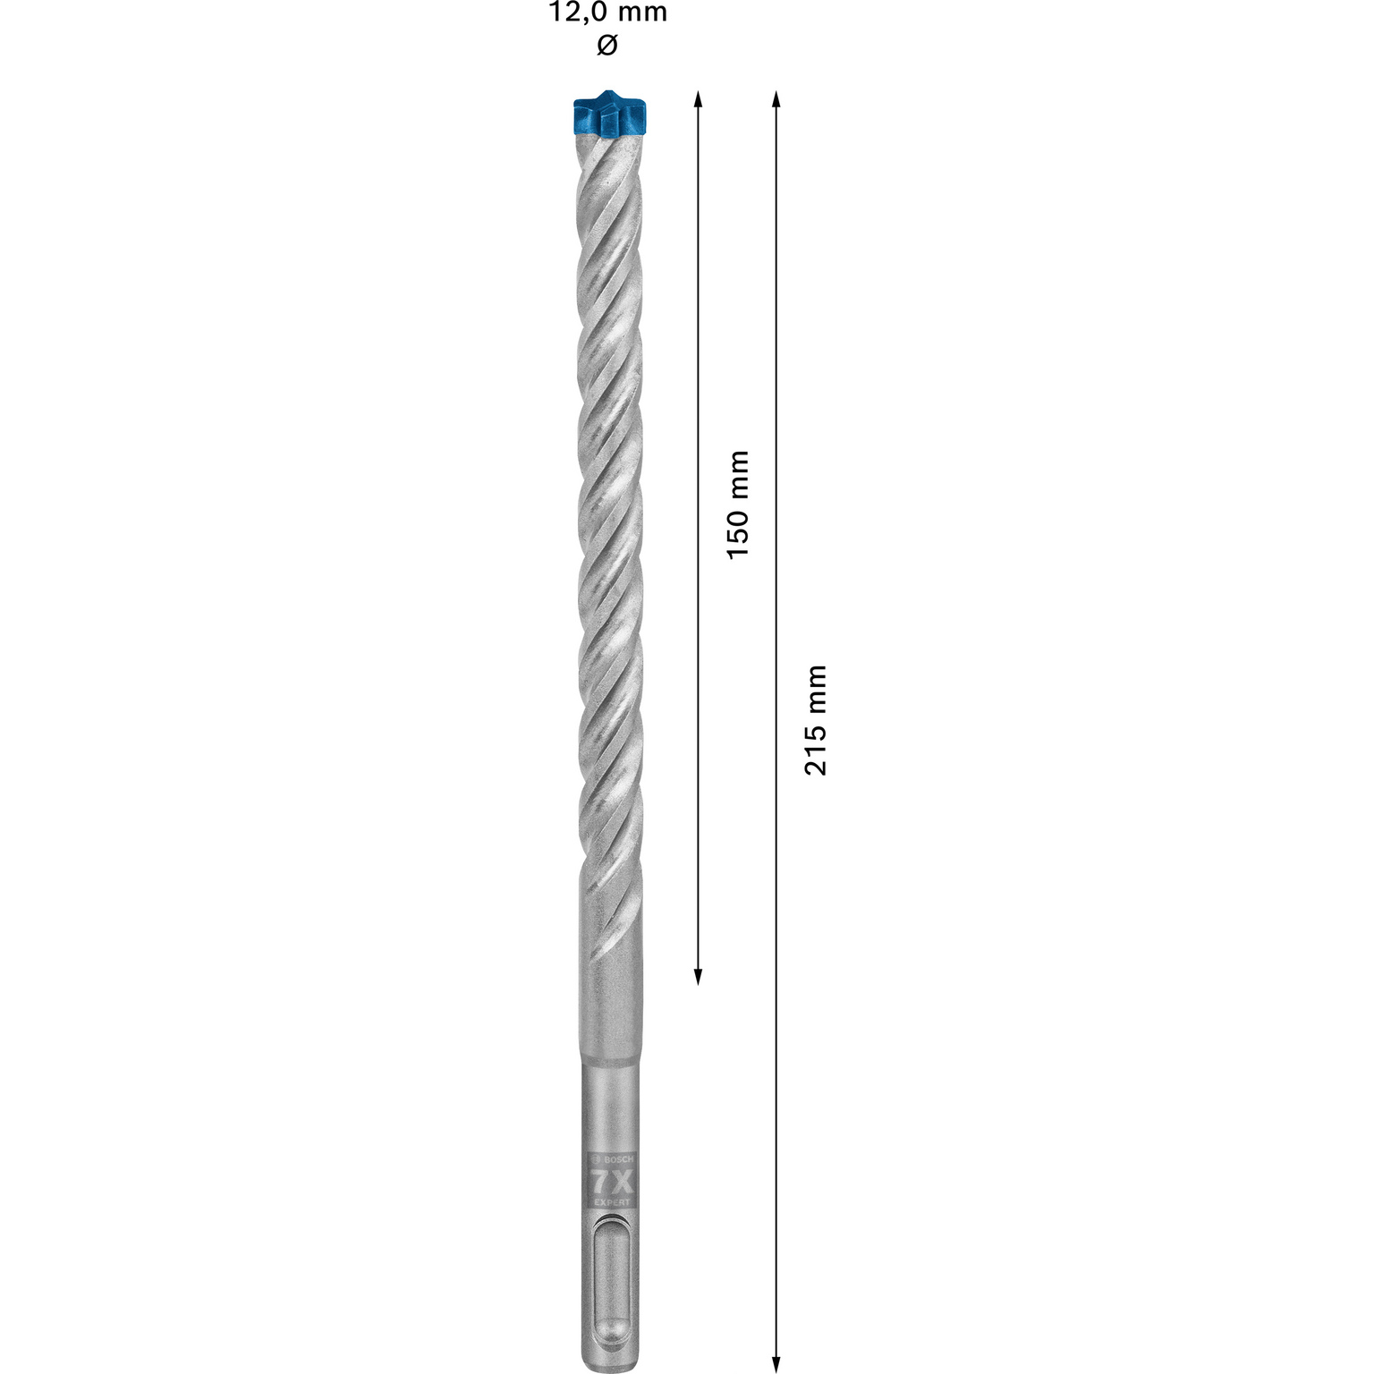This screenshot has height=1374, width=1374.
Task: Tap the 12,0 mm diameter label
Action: click(607, 13)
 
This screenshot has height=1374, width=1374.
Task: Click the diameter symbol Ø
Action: click(606, 46)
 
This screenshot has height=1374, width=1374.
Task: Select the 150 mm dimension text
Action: click(737, 505)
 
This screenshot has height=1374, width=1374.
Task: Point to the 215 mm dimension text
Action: click(815, 720)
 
